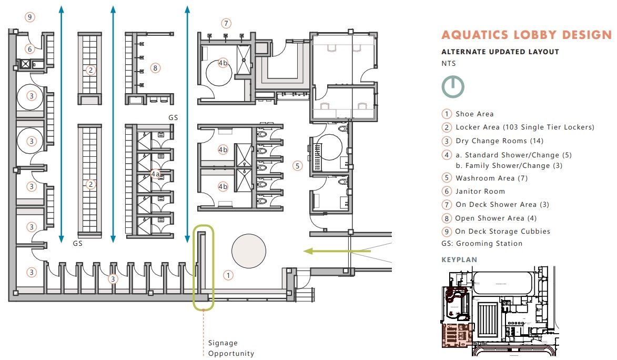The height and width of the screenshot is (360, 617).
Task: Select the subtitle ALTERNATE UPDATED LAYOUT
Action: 500,52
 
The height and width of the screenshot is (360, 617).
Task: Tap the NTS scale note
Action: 448,63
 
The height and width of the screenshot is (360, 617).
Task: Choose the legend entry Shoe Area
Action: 474,114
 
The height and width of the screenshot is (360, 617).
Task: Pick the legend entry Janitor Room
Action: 480,192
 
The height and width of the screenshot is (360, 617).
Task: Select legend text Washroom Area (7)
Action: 491,178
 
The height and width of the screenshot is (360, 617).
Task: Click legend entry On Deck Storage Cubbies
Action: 502,232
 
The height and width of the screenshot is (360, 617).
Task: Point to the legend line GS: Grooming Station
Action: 482,244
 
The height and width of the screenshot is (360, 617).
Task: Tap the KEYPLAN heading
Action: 459,260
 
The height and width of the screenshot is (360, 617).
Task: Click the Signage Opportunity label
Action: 231,348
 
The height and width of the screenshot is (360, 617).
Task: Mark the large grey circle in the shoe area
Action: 249,251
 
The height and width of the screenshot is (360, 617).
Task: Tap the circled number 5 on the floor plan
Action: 298,166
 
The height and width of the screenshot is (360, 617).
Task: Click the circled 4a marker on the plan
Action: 155,174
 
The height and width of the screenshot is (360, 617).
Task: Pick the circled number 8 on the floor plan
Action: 154,67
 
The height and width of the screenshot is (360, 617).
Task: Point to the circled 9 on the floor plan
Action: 30,17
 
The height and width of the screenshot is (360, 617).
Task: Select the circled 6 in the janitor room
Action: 30,49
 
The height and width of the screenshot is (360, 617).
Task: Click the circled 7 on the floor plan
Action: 226,23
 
